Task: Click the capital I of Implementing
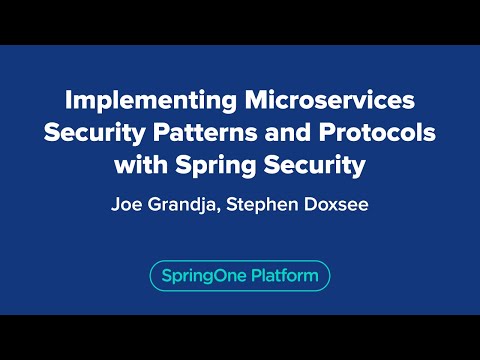[68, 101]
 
